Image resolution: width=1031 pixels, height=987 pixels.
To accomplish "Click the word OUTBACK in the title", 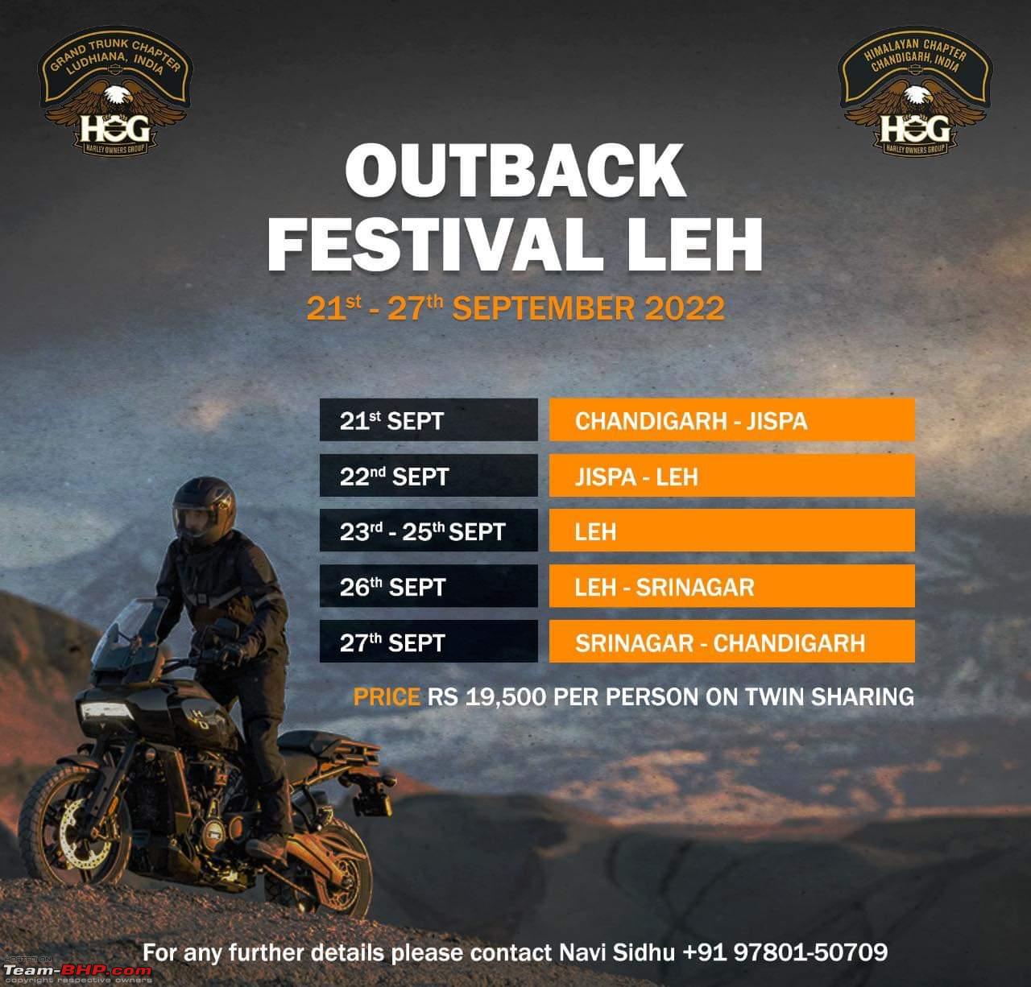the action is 515,171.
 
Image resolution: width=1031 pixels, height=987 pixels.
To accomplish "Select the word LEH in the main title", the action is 694,246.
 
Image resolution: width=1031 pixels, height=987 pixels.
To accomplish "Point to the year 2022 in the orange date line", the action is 685,308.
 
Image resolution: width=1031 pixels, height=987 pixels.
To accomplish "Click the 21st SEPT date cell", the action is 429,420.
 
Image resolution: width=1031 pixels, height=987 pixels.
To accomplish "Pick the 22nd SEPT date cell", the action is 429,476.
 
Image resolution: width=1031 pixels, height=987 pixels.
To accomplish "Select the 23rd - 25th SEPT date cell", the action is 429,531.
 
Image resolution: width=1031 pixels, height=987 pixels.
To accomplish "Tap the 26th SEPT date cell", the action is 429,586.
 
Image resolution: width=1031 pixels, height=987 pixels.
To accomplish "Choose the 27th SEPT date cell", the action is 429,642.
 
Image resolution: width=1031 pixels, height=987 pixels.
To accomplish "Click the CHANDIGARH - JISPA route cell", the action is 732,420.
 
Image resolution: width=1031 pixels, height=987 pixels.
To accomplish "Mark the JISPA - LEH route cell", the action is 732,476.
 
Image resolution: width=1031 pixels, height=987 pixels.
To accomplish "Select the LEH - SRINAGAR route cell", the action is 732,586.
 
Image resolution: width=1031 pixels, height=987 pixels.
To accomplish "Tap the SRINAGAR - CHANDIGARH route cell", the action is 732,642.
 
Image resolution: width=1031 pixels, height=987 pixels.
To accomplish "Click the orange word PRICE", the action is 387,697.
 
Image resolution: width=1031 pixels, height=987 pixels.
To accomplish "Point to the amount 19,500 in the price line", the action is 506,697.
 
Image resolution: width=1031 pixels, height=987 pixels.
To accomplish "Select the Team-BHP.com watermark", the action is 77,971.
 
